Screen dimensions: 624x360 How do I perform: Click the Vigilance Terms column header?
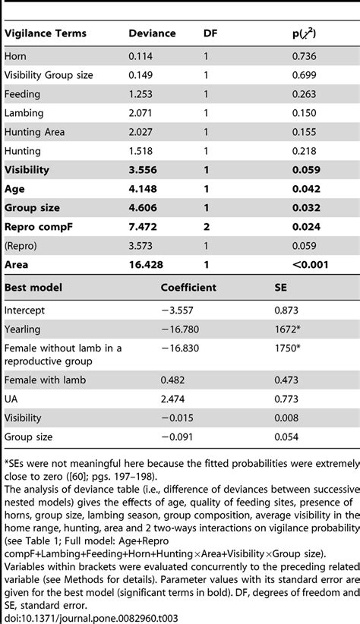pyautogui.click(x=46, y=33)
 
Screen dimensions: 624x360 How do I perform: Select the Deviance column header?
pyautogui.click(x=151, y=33)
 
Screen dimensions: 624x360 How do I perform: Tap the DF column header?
pyautogui.click(x=211, y=33)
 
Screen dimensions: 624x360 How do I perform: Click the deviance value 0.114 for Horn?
pyautogui.click(x=141, y=56)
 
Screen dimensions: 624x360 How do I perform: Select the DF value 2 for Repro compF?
pyautogui.click(x=207, y=227)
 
